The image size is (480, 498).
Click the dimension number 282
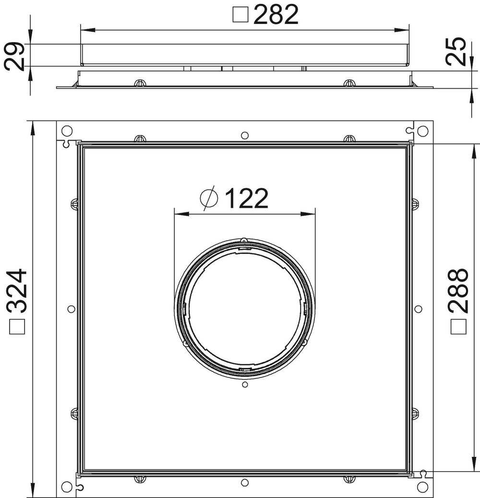(x=276, y=14)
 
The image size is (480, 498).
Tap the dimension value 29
(x=14, y=57)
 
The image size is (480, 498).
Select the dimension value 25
(x=456, y=51)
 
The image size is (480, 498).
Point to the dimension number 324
(x=17, y=291)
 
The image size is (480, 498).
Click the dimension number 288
(x=458, y=291)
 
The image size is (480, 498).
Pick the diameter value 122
(x=247, y=198)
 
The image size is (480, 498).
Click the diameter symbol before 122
(x=209, y=198)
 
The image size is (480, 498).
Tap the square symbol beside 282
(x=240, y=14)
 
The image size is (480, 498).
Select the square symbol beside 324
(x=17, y=327)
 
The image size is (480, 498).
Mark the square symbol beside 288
(x=458, y=327)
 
